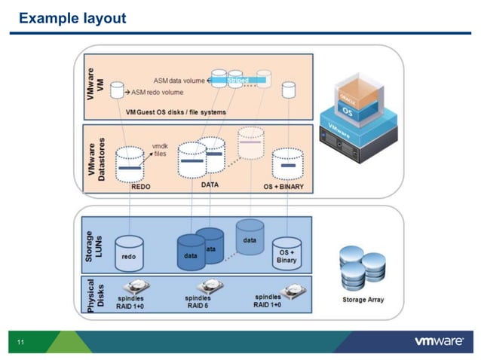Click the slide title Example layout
coord(72,17)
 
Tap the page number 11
coord(20,343)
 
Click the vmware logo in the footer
coord(439,342)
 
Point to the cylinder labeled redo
coord(129,253)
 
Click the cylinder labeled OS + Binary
coord(286,253)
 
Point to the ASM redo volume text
coord(158,93)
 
